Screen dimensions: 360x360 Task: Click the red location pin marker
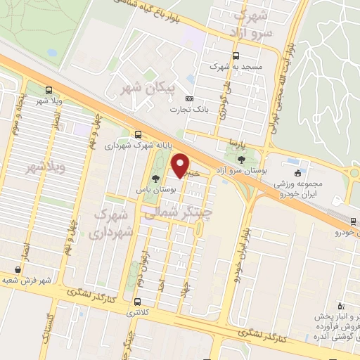click(181, 165)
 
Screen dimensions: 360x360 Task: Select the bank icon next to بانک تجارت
click(188, 99)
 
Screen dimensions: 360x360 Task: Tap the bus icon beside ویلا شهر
click(48, 90)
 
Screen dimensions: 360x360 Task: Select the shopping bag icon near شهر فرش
click(18, 269)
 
